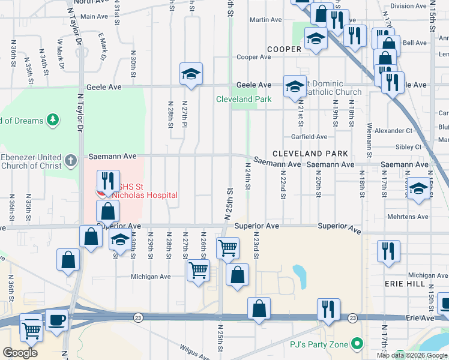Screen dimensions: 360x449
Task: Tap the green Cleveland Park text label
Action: pyautogui.click(x=244, y=99)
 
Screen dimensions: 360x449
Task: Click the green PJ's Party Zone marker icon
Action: pyautogui.click(x=358, y=344)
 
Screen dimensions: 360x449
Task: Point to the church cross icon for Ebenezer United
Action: pyautogui.click(x=71, y=160)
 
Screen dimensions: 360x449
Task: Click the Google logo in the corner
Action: pyautogui.click(x=20, y=352)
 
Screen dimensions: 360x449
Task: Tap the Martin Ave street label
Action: pyautogui.click(x=266, y=20)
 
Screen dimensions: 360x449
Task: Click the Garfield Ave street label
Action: pyautogui.click(x=309, y=137)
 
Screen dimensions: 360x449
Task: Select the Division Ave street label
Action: pyautogui.click(x=408, y=6)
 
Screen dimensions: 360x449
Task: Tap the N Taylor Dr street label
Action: pyautogui.click(x=78, y=108)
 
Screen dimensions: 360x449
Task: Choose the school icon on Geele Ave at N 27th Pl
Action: pyautogui.click(x=191, y=74)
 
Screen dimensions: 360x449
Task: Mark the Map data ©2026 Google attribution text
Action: pyautogui.click(x=412, y=355)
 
